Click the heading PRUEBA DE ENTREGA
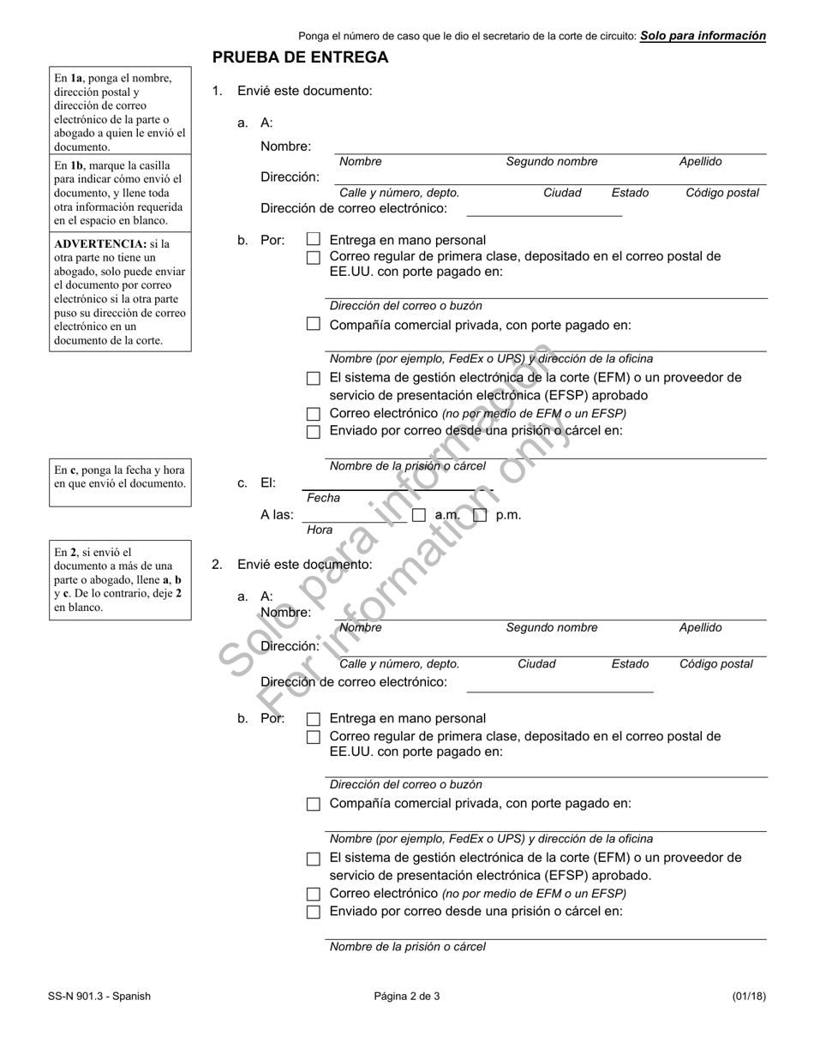tap(300, 57)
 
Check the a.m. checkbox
tap(419, 515)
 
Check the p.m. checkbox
tap(481, 515)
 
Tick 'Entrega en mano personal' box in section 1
tap(314, 240)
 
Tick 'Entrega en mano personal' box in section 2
tap(314, 719)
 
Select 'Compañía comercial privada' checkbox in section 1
tap(314, 324)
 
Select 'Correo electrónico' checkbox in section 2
tap(314, 894)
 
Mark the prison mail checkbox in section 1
tap(314, 431)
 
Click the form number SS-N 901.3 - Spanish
tap(99, 996)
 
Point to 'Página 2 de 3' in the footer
tap(407, 996)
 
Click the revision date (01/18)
tap(749, 996)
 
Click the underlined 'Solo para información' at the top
tap(703, 36)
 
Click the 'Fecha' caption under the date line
tap(323, 498)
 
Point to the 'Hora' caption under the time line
tap(320, 530)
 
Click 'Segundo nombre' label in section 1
tap(552, 161)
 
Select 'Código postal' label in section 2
tap(716, 664)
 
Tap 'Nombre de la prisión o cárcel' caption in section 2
tap(408, 947)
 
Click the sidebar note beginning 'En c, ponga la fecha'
tap(120, 476)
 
